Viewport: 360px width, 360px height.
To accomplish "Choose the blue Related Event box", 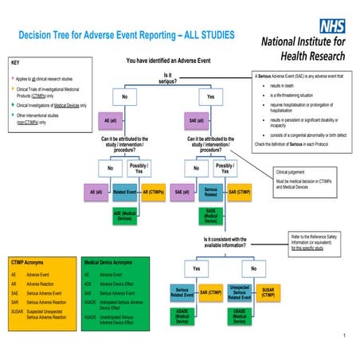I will pyautogui.click(x=123, y=192).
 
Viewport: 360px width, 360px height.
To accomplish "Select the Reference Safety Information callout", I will pyautogui.click(x=315, y=241).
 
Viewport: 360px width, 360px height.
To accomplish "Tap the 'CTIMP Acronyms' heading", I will pyautogui.click(x=28, y=260).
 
